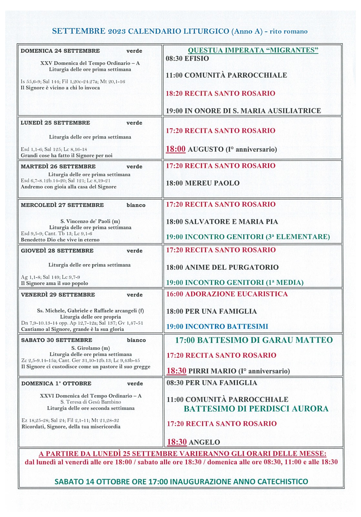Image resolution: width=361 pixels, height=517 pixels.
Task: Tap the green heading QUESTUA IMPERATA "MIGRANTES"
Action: pyautogui.click(x=253, y=50)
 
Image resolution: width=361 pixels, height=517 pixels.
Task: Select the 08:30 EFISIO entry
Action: pyautogui.click(x=187, y=58)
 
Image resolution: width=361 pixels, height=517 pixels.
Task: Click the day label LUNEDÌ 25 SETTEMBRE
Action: pyautogui.click(x=55, y=123)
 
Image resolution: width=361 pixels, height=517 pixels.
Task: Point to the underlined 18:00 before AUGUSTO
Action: pyautogui.click(x=176, y=149)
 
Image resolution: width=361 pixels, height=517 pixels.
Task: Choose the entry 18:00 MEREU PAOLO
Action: pyautogui.click(x=202, y=183)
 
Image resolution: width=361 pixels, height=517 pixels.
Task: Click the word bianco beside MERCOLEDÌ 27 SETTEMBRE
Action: pyautogui.click(x=136, y=205)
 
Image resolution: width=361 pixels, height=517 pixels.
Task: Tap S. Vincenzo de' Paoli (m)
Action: pyautogui.click(x=90, y=221)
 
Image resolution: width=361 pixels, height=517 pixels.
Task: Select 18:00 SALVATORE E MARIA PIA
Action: pyautogui.click(x=222, y=222)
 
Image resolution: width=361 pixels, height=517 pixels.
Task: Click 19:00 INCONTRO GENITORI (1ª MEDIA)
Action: pyautogui.click(x=235, y=282)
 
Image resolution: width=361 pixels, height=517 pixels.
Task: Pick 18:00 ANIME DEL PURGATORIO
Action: pyautogui.click(x=222, y=267)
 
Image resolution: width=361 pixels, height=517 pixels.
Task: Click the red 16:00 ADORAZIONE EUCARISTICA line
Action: pyautogui.click(x=227, y=294)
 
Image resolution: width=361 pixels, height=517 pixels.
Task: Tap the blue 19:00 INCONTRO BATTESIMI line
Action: pyautogui.click(x=217, y=326)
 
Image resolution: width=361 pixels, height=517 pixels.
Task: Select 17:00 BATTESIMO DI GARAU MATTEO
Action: pyautogui.click(x=254, y=340)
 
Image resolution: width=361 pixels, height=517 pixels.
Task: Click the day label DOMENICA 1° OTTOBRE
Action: pyautogui.click(x=56, y=384)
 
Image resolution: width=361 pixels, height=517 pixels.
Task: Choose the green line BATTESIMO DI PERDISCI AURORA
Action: pyautogui.click(x=256, y=409)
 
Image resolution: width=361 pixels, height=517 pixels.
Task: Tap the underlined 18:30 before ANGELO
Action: pyautogui.click(x=177, y=442)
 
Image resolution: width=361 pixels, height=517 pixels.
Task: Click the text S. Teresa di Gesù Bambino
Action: pyautogui.click(x=91, y=402)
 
